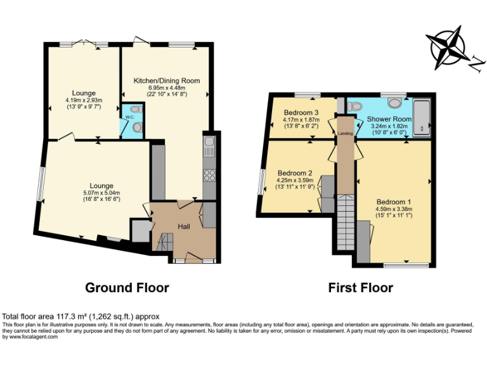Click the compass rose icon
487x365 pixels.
click(451, 49)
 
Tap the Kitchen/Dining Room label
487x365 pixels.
click(166, 81)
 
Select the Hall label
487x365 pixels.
click(183, 226)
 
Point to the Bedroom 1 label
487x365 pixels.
click(393, 202)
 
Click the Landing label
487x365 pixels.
click(345, 134)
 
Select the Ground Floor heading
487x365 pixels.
click(127, 288)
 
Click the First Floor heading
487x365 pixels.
click(360, 288)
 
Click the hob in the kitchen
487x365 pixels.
click(209, 176)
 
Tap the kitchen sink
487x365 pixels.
click(209, 151)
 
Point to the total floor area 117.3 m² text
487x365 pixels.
click(81, 316)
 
